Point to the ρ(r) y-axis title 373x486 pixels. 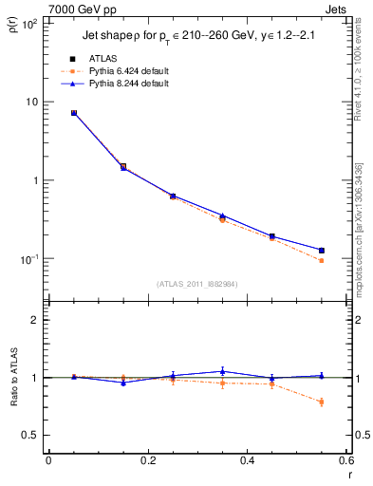pos(13,28)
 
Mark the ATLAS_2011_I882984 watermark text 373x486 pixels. pos(196,284)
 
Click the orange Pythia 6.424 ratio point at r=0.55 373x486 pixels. pos(321,402)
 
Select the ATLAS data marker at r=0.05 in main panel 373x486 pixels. pos(74,113)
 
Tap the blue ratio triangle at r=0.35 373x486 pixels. pos(222,371)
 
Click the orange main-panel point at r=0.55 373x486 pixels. pos(321,260)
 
